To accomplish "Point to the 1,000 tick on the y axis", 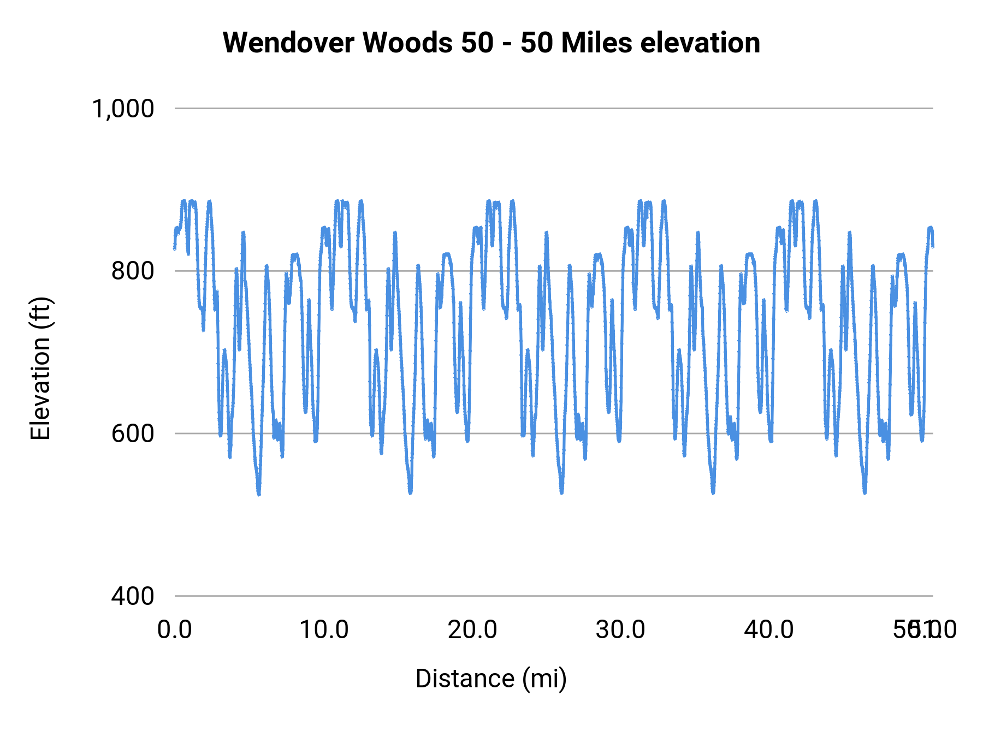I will (x=123, y=109).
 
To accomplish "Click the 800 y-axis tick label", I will (x=132, y=271).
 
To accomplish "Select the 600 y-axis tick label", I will (x=132, y=433).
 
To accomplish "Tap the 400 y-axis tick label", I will (x=132, y=596).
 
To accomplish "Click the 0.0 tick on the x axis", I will (x=175, y=630).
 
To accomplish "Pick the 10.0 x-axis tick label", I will (x=324, y=630).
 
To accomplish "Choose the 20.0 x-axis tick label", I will (x=472, y=630).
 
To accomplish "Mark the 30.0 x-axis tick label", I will (x=621, y=630).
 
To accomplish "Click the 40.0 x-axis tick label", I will (x=769, y=630).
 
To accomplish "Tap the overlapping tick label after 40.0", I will (x=924, y=630).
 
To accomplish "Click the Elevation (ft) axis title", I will (x=40, y=368).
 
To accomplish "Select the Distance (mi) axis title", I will (x=491, y=679).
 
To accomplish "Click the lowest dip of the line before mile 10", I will (x=258, y=494).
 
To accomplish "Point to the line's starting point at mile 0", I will (x=175, y=248).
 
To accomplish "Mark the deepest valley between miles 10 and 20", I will (x=410, y=492).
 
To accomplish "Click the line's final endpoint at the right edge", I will (x=933, y=246).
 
